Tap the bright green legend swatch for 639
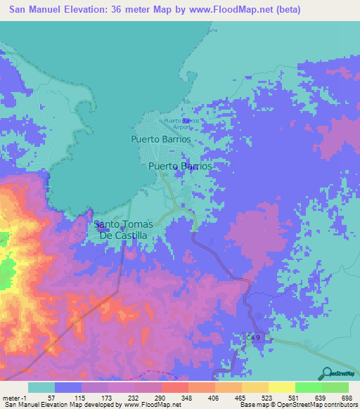coord(308,387)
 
